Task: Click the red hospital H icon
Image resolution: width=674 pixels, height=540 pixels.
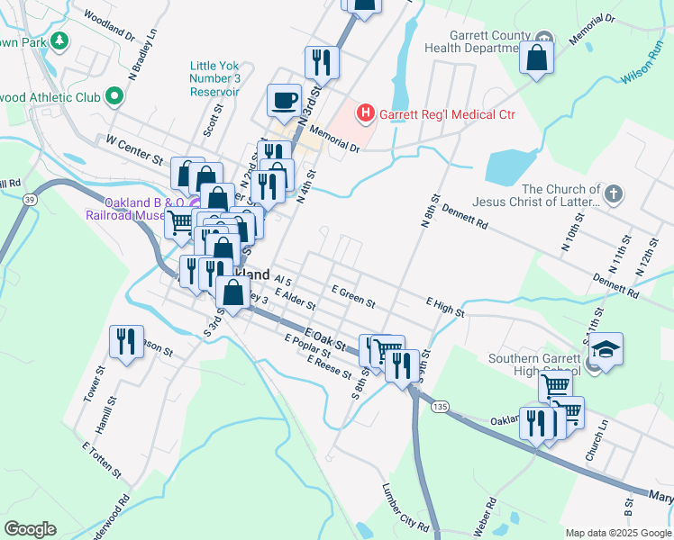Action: [x=366, y=113]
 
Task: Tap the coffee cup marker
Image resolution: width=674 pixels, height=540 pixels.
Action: [x=285, y=100]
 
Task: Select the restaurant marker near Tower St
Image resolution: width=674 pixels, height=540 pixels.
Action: [x=125, y=341]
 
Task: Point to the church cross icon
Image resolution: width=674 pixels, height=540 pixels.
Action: [x=613, y=193]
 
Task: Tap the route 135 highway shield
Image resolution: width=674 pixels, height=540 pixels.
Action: [x=439, y=407]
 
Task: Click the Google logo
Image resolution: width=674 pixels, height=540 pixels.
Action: [x=30, y=528]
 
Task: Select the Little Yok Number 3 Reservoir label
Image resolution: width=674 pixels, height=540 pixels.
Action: [x=214, y=78]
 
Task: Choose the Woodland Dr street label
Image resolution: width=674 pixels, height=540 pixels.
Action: [x=108, y=27]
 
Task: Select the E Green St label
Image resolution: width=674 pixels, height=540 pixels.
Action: [x=352, y=295]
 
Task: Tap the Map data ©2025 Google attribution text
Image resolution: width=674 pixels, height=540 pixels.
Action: [x=617, y=533]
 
